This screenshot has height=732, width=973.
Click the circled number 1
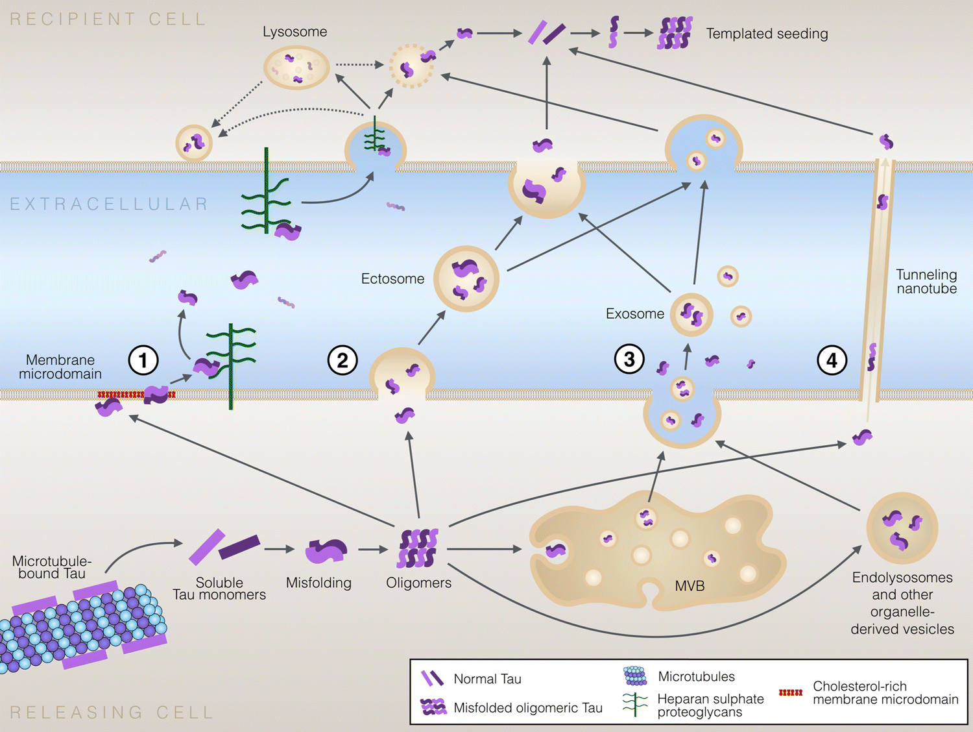[x=143, y=360]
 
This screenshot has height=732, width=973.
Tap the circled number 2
[x=342, y=360]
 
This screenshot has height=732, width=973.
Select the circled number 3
[x=629, y=359]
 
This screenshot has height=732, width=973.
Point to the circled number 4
[x=832, y=360]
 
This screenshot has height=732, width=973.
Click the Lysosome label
[x=294, y=32]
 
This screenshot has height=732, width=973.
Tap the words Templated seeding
[x=767, y=34]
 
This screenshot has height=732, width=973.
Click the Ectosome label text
[x=392, y=279]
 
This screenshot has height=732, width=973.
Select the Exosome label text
[x=634, y=314]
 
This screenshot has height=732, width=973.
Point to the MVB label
[x=690, y=586]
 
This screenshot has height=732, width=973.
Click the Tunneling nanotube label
[x=926, y=282]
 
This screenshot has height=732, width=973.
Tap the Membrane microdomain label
[x=60, y=367]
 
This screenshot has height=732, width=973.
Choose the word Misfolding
[x=318, y=583]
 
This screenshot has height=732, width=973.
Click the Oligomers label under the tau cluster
[x=418, y=583]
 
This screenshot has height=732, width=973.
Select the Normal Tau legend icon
[x=432, y=679]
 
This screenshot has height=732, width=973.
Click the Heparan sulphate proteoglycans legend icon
[x=635, y=705]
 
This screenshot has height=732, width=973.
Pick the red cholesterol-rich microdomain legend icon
[x=790, y=692]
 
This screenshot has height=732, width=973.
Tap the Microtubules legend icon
[x=635, y=676]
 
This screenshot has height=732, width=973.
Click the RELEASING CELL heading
[x=112, y=713]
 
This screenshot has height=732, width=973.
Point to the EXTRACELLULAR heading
[x=109, y=204]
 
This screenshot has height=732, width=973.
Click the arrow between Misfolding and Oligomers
[x=373, y=550]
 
